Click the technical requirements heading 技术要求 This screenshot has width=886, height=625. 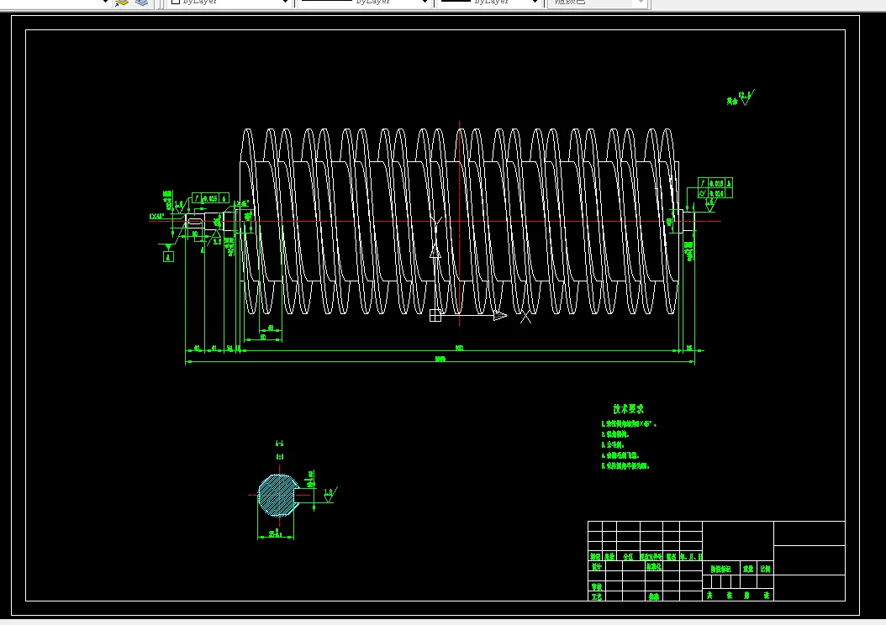click(628, 408)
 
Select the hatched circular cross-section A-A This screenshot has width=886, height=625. click(277, 495)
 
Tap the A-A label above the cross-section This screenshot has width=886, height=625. click(279, 443)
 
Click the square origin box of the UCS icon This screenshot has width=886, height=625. click(435, 316)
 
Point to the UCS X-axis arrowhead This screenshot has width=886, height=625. click(500, 316)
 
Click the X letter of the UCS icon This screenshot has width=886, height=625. click(525, 317)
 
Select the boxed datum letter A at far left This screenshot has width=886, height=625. click(168, 258)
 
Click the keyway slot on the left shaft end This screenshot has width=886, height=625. click(195, 221)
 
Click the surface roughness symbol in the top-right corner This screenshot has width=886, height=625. click(745, 97)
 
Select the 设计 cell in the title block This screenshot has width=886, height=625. click(596, 567)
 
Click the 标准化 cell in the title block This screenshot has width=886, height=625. click(654, 567)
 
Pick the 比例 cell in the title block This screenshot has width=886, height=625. click(765, 569)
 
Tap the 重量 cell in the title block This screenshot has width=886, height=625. click(747, 569)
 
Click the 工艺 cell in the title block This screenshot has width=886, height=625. click(596, 596)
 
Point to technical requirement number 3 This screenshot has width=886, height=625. click(619, 444)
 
